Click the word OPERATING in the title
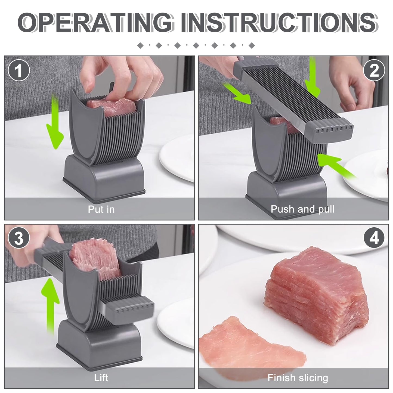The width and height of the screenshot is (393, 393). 96,23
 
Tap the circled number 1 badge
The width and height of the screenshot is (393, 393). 19,70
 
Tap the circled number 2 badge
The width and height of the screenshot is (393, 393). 374,70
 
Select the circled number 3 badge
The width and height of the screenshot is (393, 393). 19,238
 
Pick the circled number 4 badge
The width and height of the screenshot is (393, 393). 374,238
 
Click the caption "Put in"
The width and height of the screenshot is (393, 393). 101,209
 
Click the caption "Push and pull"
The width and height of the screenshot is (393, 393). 302,209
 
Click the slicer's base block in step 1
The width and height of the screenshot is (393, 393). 104,177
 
